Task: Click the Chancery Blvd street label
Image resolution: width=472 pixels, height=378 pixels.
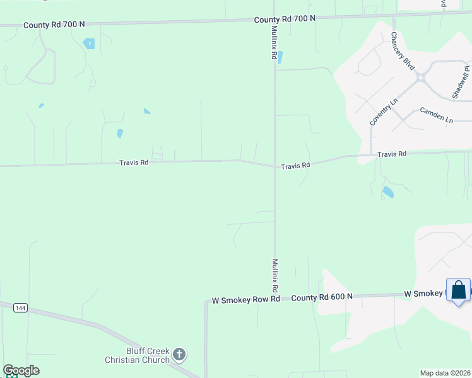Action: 402,51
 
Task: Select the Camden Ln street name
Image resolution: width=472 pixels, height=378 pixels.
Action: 437,115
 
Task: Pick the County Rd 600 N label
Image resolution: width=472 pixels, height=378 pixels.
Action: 321,297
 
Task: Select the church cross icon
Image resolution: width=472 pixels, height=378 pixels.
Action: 179,355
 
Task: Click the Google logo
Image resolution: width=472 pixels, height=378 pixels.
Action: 21,370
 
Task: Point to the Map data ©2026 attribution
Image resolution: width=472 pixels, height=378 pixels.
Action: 445,373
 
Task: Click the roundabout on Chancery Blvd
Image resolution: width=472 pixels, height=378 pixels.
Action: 420,77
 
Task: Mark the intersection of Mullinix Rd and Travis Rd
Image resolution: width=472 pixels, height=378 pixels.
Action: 274,166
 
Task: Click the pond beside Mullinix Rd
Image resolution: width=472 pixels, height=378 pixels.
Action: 280,57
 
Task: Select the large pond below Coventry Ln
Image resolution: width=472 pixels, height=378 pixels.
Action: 387,192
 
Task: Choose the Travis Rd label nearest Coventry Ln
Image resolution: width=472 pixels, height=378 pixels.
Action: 391,154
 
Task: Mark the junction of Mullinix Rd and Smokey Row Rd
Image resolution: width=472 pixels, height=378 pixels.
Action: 274,299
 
